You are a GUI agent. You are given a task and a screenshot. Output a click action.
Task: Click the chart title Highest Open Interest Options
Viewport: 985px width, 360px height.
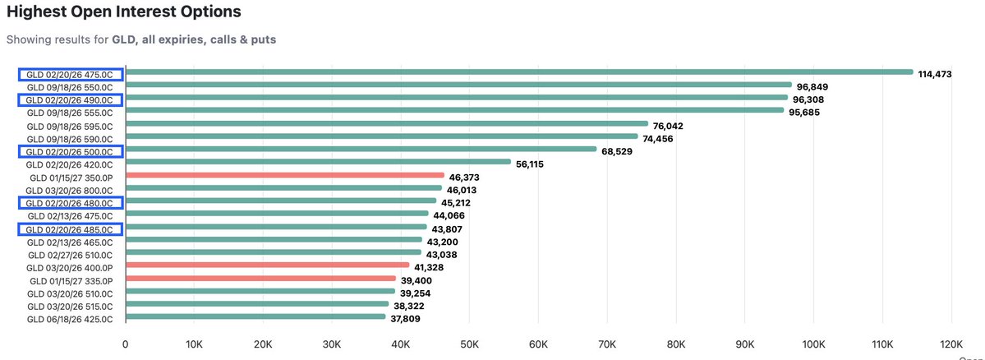pos(124,12)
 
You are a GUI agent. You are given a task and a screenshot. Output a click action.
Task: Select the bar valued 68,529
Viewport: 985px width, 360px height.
pos(361,150)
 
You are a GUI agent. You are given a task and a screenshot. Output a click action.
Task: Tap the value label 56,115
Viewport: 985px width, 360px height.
pos(535,164)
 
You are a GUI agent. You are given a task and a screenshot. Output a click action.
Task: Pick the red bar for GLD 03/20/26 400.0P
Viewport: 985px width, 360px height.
pos(268,265)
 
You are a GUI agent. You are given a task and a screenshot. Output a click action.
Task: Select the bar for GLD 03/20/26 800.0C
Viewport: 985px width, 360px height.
pos(283,188)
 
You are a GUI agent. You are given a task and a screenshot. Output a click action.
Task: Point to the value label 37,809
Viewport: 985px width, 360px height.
pos(408,319)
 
